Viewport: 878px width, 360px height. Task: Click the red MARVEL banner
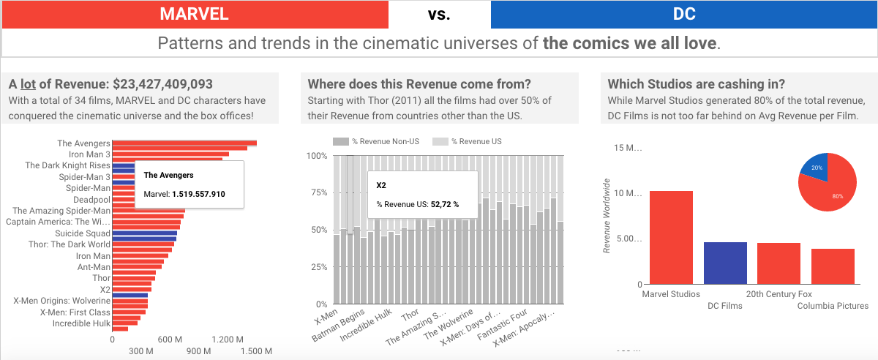[195, 14]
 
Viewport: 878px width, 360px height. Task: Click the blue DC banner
[683, 14]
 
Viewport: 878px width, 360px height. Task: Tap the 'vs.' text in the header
[439, 14]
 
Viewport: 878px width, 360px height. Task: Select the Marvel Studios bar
[671, 237]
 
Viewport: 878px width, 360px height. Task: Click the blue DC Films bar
[725, 263]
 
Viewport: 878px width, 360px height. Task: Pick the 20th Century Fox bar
[778, 263]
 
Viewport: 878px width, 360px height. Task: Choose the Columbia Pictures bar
[833, 266]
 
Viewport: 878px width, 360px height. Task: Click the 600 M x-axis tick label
[170, 340]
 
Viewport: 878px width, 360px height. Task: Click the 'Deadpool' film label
[91, 199]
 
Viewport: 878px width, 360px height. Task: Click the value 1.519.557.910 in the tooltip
[198, 195]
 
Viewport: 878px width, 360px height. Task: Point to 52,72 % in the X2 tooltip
[444, 204]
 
